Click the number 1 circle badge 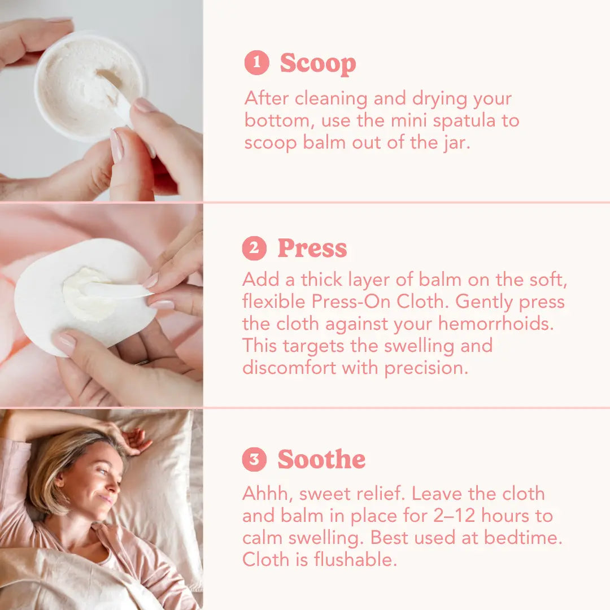pyautogui.click(x=257, y=63)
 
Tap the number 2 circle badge pyautogui.click(x=254, y=248)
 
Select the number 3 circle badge pyautogui.click(x=254, y=459)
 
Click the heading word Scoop pyautogui.click(x=318, y=64)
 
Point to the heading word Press pyautogui.click(x=312, y=248)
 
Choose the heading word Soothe pyautogui.click(x=321, y=459)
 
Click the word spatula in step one pyautogui.click(x=464, y=121)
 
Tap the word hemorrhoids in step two pyautogui.click(x=496, y=323)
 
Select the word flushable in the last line pyautogui.click(x=355, y=559)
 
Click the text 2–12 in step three pyautogui.click(x=454, y=516)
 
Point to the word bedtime pyautogui.click(x=523, y=538)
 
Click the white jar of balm pyautogui.click(x=90, y=86)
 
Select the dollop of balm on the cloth pyautogui.click(x=89, y=293)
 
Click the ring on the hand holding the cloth pyautogui.click(x=142, y=363)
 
